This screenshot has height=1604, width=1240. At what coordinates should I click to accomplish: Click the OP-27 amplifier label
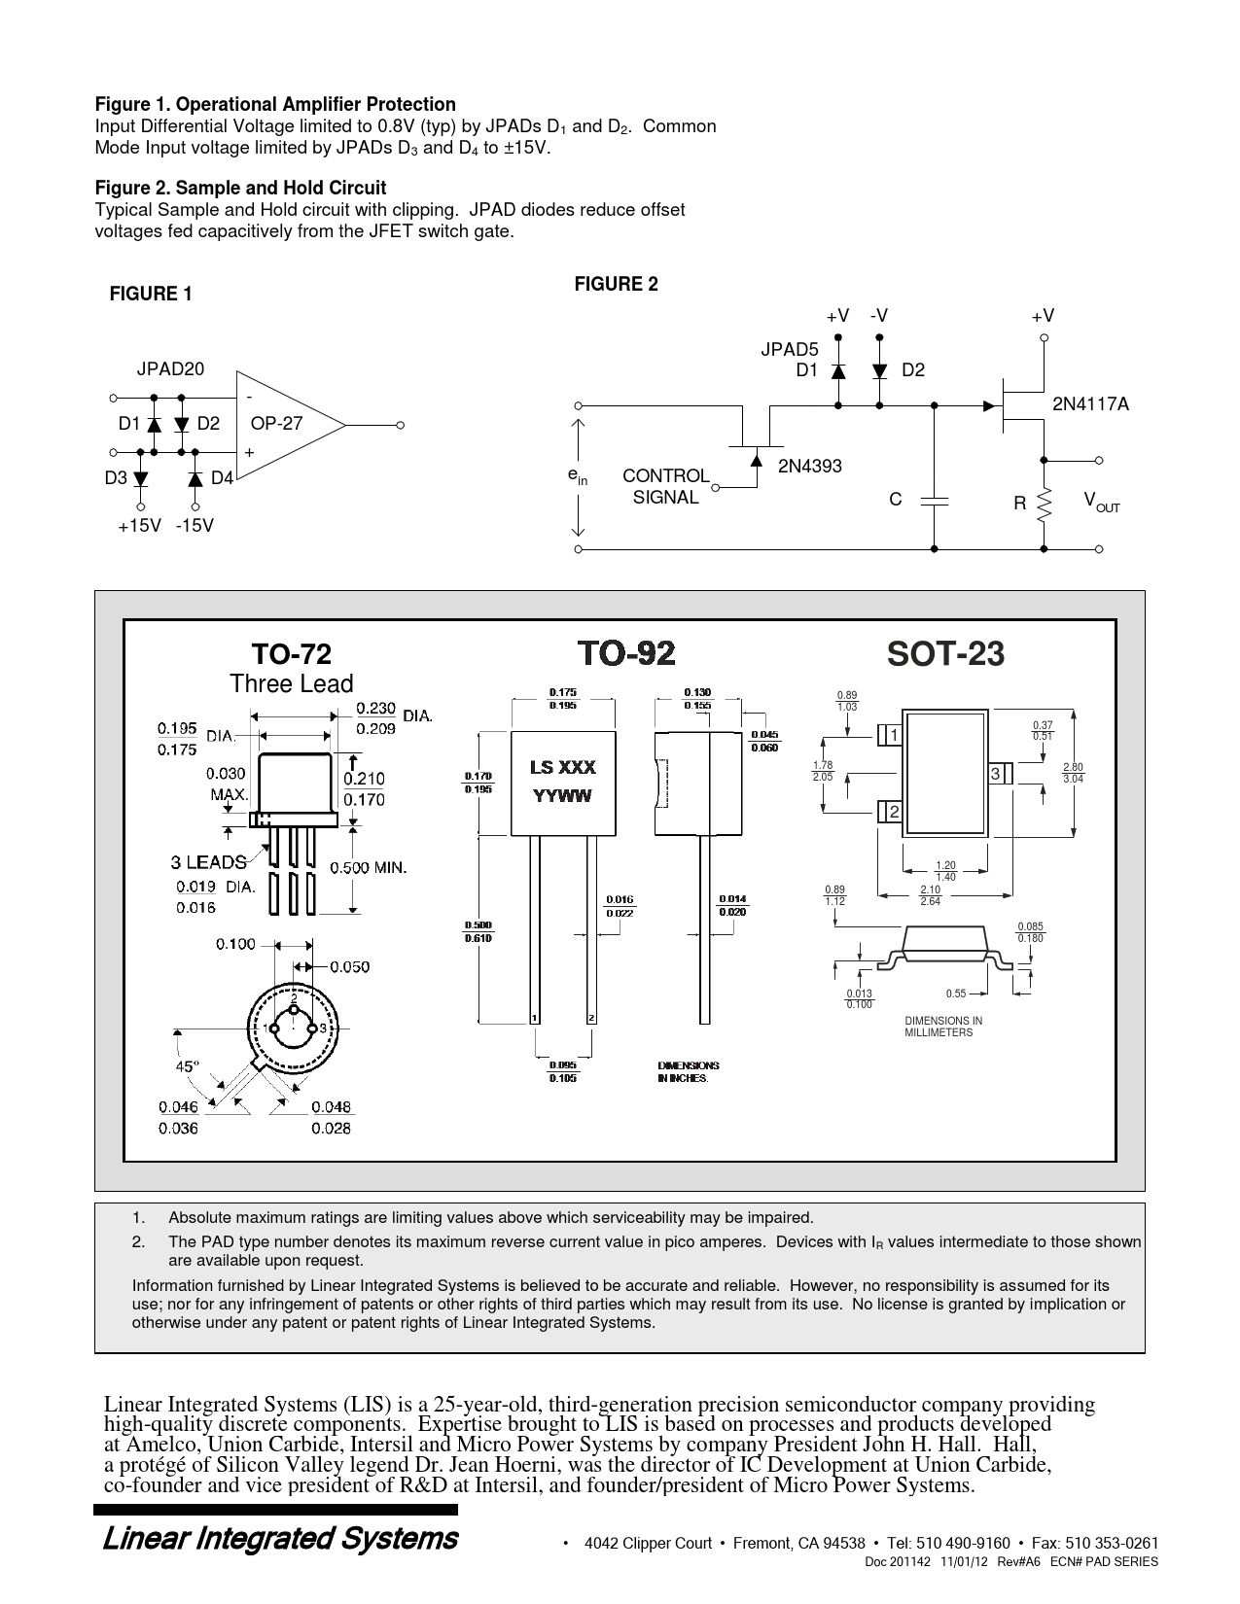pyautogui.click(x=276, y=424)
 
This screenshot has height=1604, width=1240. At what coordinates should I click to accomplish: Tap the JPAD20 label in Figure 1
pyautogui.click(x=170, y=369)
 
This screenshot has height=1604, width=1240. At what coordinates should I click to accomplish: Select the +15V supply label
pyautogui.click(x=139, y=526)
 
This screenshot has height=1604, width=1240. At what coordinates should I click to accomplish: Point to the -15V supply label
pyautogui.click(x=195, y=526)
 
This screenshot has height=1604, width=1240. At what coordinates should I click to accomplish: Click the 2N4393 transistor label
pyautogui.click(x=809, y=467)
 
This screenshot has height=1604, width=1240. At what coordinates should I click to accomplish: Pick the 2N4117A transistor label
pyautogui.click(x=1090, y=403)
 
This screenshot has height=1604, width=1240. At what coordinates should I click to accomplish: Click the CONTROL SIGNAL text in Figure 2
pyautogui.click(x=666, y=486)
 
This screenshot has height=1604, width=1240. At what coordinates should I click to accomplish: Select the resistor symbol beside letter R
pyautogui.click(x=1045, y=503)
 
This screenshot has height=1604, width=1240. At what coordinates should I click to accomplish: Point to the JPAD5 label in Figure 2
pyautogui.click(x=789, y=350)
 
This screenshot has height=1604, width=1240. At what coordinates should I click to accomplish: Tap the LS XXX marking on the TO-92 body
pyautogui.click(x=563, y=768)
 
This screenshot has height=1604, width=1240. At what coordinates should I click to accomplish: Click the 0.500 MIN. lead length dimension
pyautogui.click(x=368, y=867)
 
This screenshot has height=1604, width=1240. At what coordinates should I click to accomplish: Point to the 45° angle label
pyautogui.click(x=188, y=1065)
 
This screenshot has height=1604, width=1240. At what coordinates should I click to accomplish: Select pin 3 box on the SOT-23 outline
pyautogui.click(x=997, y=774)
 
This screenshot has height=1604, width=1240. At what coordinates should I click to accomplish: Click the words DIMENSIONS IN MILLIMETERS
pyautogui.click(x=943, y=1027)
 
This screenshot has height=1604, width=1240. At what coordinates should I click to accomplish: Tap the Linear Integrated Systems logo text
pyautogui.click(x=280, y=1539)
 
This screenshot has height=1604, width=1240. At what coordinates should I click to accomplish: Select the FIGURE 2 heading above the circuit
pyautogui.click(x=616, y=284)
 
